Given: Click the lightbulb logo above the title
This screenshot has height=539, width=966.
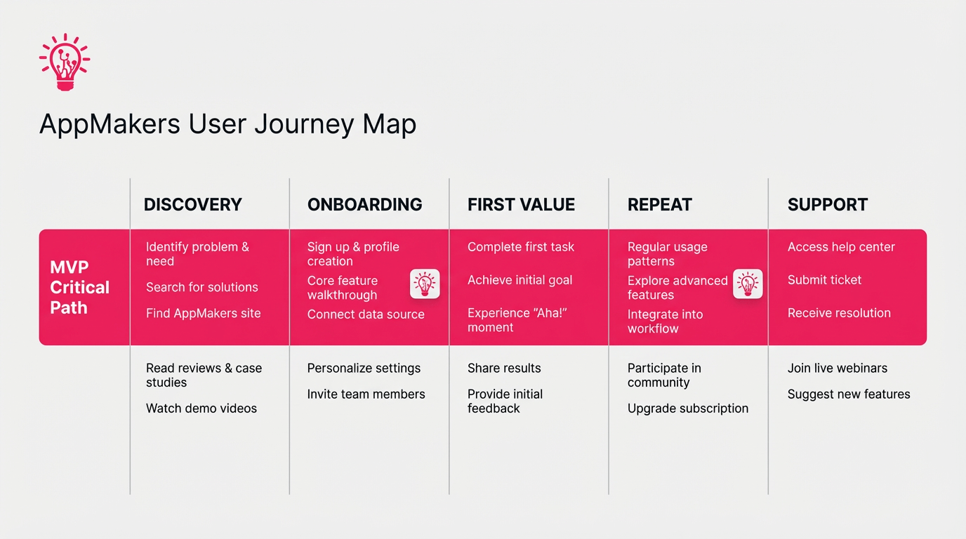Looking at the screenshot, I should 65,62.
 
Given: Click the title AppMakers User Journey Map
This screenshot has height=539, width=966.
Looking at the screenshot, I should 227,124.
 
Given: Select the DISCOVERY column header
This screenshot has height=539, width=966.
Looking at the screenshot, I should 192,204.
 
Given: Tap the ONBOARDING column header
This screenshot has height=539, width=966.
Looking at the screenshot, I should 364,204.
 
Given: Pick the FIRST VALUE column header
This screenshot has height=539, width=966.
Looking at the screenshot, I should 521,204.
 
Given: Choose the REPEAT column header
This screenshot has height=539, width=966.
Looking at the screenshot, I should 659,204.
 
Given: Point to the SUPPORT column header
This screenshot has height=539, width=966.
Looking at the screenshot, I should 827,204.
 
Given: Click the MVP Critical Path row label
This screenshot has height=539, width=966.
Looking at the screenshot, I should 79,287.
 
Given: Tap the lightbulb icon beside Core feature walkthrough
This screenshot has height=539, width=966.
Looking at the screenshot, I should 425,284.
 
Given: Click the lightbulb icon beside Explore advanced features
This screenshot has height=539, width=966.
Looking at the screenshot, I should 748,284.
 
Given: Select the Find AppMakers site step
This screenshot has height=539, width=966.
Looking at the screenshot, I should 203,313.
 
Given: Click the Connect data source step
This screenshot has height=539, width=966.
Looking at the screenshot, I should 365,314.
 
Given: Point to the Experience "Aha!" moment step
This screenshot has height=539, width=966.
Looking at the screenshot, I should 517,320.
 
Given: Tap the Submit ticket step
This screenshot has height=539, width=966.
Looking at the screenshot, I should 824,280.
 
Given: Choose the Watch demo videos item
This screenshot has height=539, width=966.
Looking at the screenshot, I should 201,408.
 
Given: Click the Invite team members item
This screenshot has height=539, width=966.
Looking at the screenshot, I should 366,394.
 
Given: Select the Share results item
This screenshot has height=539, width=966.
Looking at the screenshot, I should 504,368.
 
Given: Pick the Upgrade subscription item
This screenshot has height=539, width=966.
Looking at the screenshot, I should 687,408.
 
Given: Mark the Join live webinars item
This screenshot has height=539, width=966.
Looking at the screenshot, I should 837,368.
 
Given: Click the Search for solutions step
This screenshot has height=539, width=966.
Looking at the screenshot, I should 201,287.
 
